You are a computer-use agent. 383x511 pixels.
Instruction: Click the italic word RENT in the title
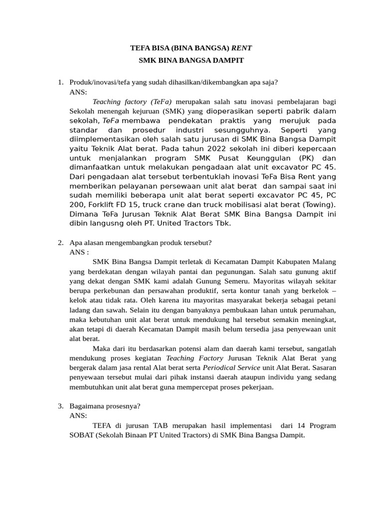242,48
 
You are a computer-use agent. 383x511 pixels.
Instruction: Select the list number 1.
60,82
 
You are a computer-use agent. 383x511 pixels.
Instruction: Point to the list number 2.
60,243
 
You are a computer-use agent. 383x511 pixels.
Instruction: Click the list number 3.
60,406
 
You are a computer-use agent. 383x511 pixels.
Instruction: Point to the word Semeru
216,280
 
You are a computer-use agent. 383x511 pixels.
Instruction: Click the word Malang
323,261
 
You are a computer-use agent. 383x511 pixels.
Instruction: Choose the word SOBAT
82,435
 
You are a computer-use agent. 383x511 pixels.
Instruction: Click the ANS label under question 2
78,252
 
